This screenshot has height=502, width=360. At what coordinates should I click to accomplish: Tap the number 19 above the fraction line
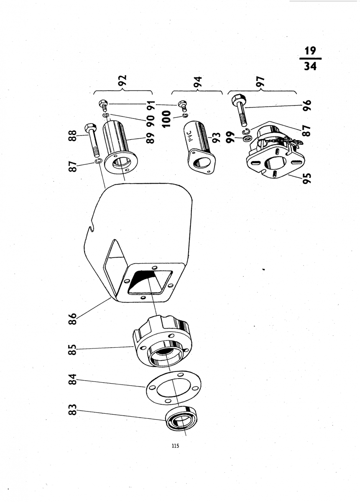(x=310, y=51)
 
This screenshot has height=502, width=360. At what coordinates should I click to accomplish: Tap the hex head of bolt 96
(x=237, y=100)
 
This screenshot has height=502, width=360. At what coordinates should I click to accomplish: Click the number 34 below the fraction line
(x=310, y=66)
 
